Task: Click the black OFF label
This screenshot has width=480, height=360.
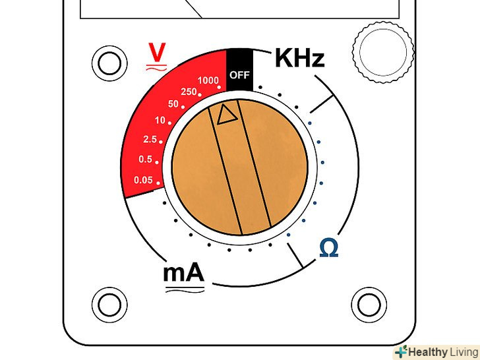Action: pos(239,75)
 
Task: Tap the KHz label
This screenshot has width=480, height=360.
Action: pos(299,59)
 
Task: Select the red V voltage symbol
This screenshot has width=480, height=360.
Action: pos(156,52)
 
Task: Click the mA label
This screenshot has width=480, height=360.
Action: pos(183,272)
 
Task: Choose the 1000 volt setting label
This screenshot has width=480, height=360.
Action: pos(208,80)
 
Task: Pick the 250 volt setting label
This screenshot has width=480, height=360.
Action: pos(189,92)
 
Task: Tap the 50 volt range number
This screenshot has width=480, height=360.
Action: pos(174,104)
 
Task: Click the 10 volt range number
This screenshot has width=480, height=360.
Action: pos(160,121)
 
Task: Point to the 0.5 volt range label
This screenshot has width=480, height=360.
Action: pos(145,160)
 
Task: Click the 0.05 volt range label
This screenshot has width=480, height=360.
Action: pos(142,180)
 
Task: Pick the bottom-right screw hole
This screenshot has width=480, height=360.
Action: pos(366,303)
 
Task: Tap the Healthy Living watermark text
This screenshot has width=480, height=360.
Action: pos(442,352)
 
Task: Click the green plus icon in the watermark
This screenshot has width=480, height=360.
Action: pos(401,352)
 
